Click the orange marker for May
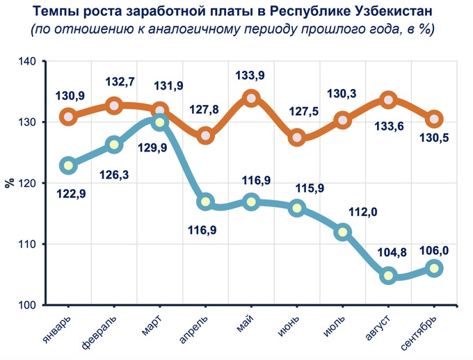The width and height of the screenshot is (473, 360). [x=251, y=98]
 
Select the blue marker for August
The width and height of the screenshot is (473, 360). [x=388, y=275]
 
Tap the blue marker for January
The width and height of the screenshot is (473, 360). [x=68, y=165]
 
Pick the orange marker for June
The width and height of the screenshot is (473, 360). [x=297, y=137]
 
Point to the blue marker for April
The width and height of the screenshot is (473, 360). [x=205, y=202]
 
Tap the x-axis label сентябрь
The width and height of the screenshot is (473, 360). [x=419, y=333]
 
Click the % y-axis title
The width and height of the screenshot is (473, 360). [x=9, y=183]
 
